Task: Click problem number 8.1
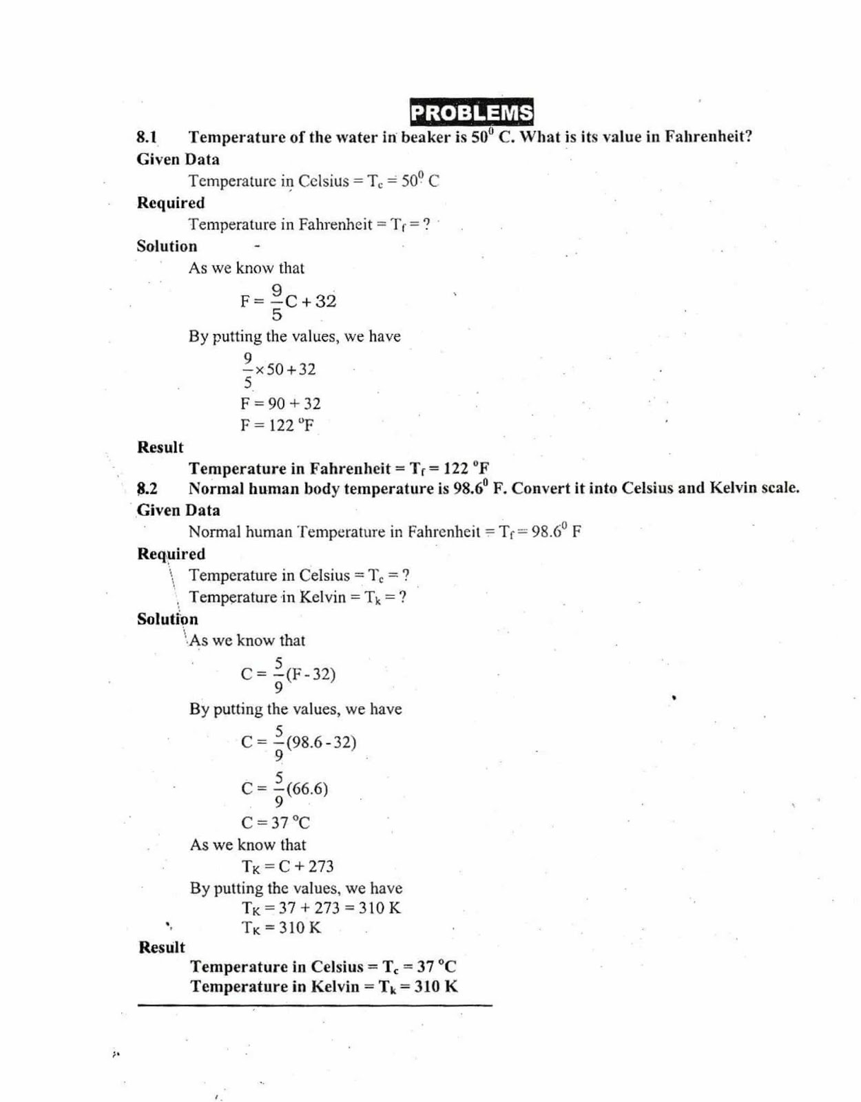147,137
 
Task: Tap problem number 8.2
147,489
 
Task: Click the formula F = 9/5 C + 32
288,302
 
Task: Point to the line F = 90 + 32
280,404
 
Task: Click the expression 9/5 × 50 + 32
278,370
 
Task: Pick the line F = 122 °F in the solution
277,425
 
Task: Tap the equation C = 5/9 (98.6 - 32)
298,742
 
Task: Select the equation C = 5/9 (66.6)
284,789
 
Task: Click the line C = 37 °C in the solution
276,822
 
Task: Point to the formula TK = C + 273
287,866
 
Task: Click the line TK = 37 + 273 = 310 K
321,908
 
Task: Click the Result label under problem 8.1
160,448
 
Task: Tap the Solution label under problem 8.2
167,619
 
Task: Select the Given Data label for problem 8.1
178,160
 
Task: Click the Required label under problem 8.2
171,554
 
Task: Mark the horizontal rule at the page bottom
315,1006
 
